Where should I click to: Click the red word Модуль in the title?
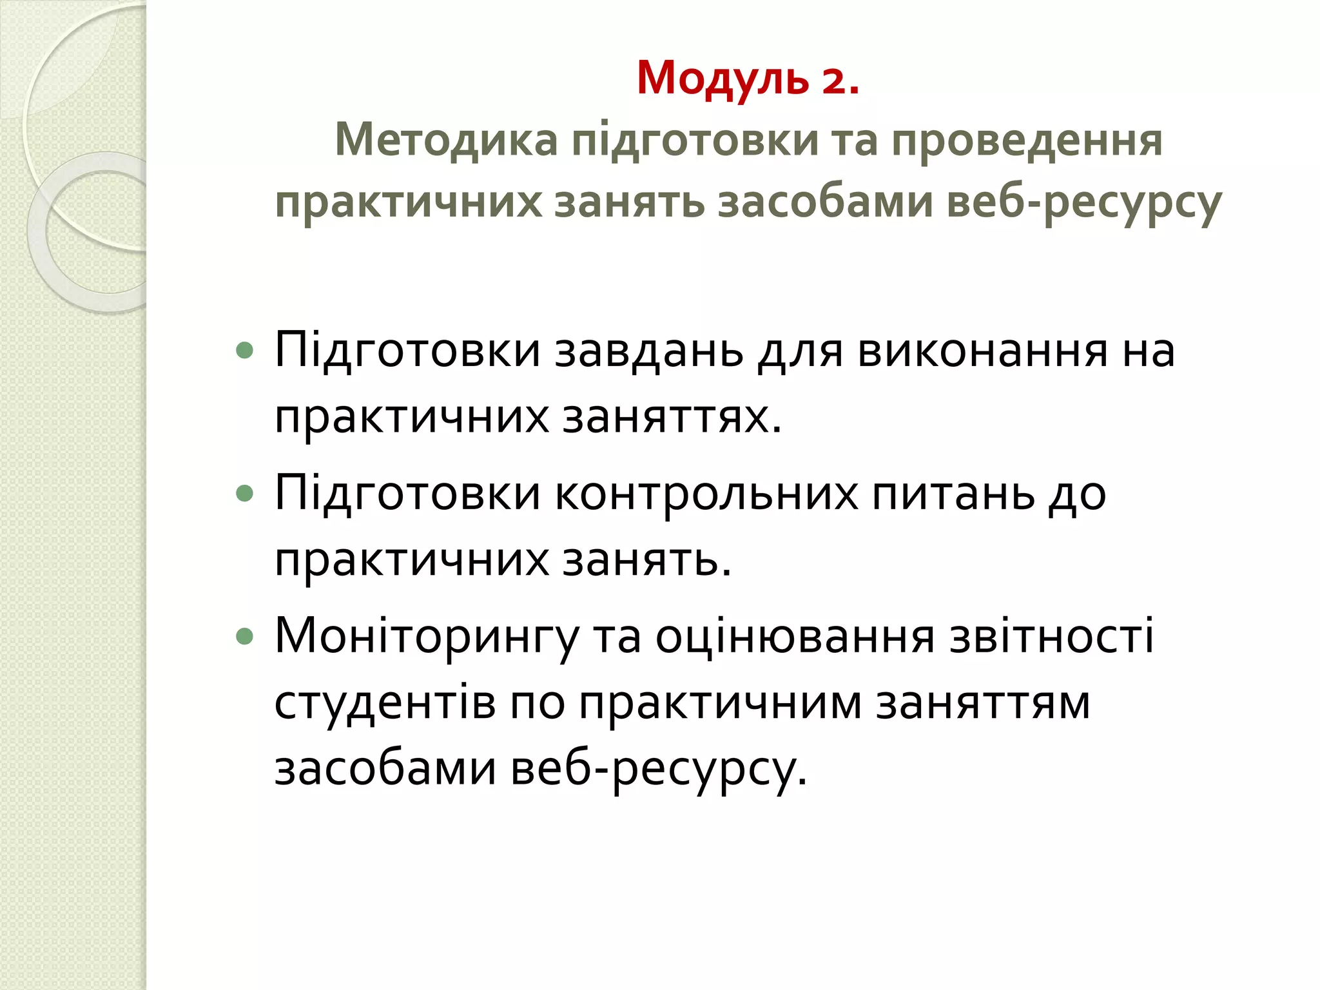(x=723, y=79)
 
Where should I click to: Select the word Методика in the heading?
(x=446, y=140)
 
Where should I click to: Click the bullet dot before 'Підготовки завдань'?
(x=245, y=351)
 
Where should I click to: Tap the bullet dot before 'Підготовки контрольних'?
(x=245, y=494)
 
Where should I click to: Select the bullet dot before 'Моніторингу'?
(x=245, y=637)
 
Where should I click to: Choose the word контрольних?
(x=706, y=494)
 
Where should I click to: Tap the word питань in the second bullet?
(x=953, y=494)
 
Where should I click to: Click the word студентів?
(x=385, y=703)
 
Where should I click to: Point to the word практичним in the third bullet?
(x=720, y=704)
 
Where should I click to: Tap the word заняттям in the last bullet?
(x=983, y=704)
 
